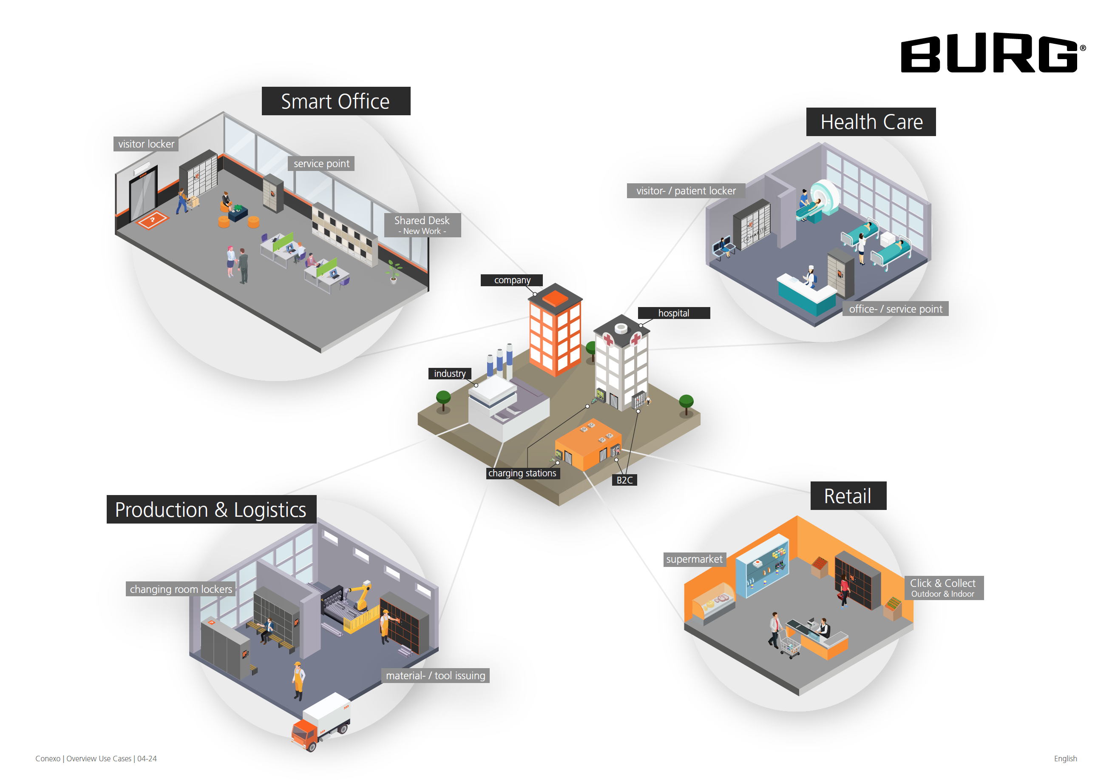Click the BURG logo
tap(990, 53)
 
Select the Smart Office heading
tap(336, 101)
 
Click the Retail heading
tap(848, 495)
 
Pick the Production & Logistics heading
tap(211, 509)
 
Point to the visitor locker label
tap(146, 144)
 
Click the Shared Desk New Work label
tap(422, 225)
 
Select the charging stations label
tap(522, 473)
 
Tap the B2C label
tap(624, 480)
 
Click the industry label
tap(449, 373)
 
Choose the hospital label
tap(673, 313)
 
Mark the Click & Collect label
tap(943, 588)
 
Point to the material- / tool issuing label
tap(435, 675)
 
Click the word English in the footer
tap(1065, 758)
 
